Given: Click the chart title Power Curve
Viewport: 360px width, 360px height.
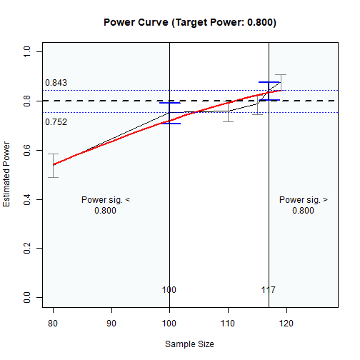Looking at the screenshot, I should [x=189, y=22].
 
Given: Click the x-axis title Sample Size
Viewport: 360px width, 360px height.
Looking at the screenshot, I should [x=189, y=344].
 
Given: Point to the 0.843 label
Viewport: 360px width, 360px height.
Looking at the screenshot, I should [x=56, y=83].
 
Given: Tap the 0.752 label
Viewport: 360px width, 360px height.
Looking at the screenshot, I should [x=56, y=122].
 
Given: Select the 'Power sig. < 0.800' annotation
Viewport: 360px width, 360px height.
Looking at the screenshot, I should [x=105, y=205].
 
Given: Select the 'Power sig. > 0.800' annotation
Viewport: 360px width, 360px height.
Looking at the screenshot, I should [x=304, y=205].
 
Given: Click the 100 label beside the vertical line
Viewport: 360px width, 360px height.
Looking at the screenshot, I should [x=169, y=290].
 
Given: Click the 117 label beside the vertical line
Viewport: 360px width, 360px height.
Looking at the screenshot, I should [x=269, y=290].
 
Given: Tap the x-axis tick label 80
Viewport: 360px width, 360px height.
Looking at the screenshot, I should [x=53, y=323].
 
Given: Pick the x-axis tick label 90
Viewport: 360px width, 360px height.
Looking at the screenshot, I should [x=111, y=323].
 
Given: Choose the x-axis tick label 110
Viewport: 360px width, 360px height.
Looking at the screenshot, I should [x=228, y=323].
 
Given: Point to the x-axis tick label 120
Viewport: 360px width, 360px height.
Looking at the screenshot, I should [x=286, y=323].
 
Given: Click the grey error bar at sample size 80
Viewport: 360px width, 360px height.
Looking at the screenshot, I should [x=53, y=166].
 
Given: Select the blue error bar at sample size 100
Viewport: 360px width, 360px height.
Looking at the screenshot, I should [x=169, y=113].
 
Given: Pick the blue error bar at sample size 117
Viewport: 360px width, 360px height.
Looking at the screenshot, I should [x=269, y=91].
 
